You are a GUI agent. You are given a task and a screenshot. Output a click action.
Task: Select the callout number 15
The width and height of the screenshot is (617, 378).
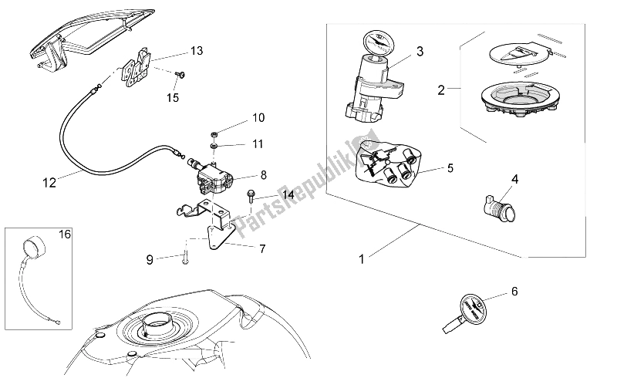pyautogui.click(x=173, y=98)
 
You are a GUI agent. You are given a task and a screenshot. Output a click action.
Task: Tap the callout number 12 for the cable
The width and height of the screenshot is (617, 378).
pyautogui.click(x=49, y=184)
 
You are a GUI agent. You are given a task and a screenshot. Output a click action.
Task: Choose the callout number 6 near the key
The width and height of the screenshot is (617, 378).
pyautogui.click(x=514, y=291)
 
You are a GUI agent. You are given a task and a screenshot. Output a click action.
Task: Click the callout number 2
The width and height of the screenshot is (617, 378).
pyautogui.click(x=442, y=89)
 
